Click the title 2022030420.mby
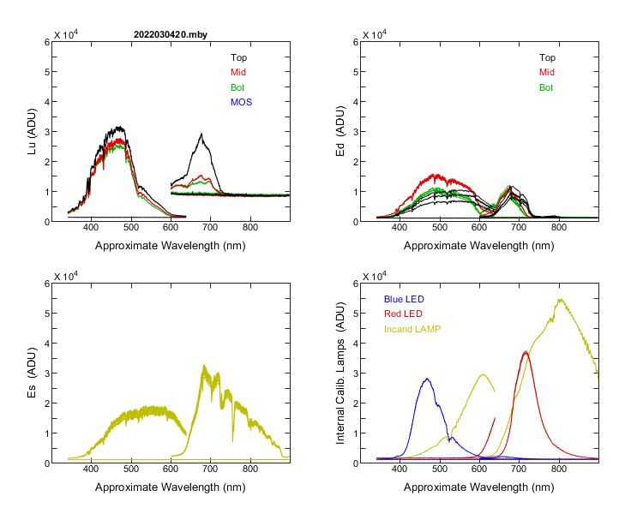[x=171, y=34]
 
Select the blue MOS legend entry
[x=242, y=103]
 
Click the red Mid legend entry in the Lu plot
[x=238, y=73]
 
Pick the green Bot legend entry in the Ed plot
[x=546, y=88]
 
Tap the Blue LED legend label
[x=404, y=299]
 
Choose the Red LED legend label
[x=404, y=314]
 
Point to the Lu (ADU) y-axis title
[x=33, y=131]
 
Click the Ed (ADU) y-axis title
[x=340, y=131]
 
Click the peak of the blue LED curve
[x=426, y=379]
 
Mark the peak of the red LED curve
[x=526, y=351]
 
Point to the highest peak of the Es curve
[x=204, y=366]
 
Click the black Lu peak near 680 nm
[x=201, y=134]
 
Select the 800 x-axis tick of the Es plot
[x=251, y=469]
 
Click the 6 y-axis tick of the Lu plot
[x=45, y=41]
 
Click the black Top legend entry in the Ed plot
[x=546, y=57]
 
